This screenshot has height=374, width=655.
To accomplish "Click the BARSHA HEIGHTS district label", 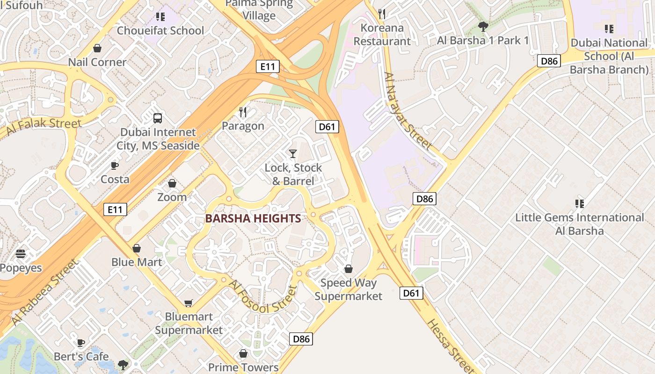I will [253, 218].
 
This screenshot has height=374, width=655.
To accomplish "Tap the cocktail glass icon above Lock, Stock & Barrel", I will [293, 153].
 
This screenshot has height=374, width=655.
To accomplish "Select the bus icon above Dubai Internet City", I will [158, 118].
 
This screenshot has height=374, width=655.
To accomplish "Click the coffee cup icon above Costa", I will [115, 166].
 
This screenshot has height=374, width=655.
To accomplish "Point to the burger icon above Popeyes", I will [21, 254].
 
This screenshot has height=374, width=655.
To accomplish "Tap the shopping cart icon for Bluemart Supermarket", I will [188, 303].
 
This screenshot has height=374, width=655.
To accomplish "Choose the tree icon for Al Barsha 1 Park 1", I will [483, 27].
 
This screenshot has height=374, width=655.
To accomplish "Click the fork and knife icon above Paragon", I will [243, 112].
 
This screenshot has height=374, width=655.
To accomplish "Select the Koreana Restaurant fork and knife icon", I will [382, 14].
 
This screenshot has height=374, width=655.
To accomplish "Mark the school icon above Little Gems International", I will [580, 204].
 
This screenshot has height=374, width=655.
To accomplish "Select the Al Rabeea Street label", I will [44, 293].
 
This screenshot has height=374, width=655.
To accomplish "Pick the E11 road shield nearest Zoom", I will [115, 209].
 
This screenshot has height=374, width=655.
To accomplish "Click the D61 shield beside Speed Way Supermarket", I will [411, 293].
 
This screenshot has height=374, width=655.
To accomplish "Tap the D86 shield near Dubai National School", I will [549, 61].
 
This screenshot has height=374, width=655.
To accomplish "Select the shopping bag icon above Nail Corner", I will [97, 48].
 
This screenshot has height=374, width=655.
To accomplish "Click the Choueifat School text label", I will [160, 31].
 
